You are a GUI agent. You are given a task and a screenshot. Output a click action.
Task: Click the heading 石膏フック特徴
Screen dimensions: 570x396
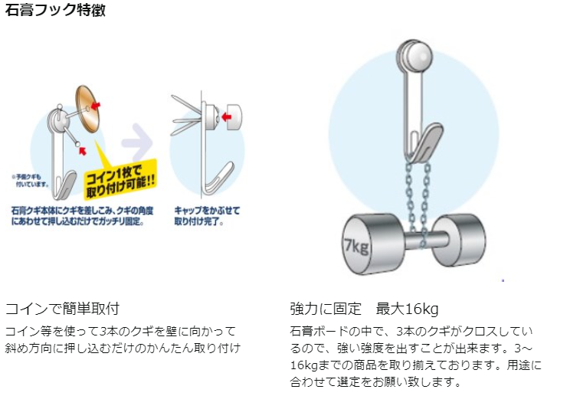[x=55, y=11]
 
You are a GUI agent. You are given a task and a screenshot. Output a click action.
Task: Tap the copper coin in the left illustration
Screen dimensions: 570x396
[x=91, y=108]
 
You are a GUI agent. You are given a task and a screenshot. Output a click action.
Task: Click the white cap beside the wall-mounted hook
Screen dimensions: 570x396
[x=233, y=116]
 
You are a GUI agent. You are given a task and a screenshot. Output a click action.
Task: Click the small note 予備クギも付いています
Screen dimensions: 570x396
[x=30, y=180]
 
